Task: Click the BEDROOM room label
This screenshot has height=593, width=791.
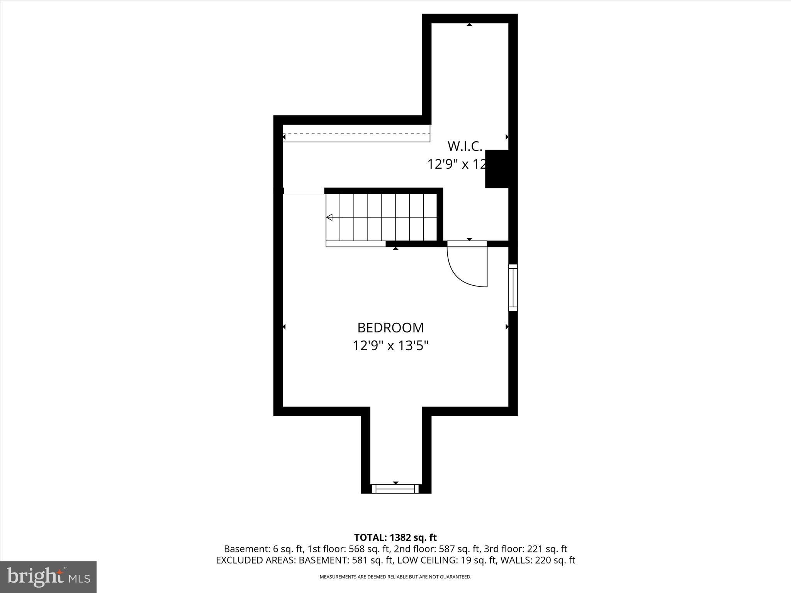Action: point(390,327)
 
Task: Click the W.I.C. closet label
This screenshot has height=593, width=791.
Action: point(465,146)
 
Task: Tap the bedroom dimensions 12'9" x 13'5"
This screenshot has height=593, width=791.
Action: point(390,346)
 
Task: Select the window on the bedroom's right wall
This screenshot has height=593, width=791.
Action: point(513,288)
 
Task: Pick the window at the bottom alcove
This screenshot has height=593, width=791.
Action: point(395,489)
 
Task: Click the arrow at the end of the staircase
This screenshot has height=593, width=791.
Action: point(329,217)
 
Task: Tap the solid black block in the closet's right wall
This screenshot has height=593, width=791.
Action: point(497,169)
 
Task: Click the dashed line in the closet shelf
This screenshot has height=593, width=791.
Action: point(356,133)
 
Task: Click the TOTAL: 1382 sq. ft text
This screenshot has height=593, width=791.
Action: point(395,537)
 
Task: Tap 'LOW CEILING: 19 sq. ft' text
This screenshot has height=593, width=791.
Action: point(447,560)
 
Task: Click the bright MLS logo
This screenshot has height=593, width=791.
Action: point(48,577)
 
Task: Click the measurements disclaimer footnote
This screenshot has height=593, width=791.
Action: point(395,577)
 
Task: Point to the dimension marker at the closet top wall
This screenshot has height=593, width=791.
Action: point(469,25)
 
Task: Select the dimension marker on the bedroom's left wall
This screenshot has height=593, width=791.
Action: point(284,327)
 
